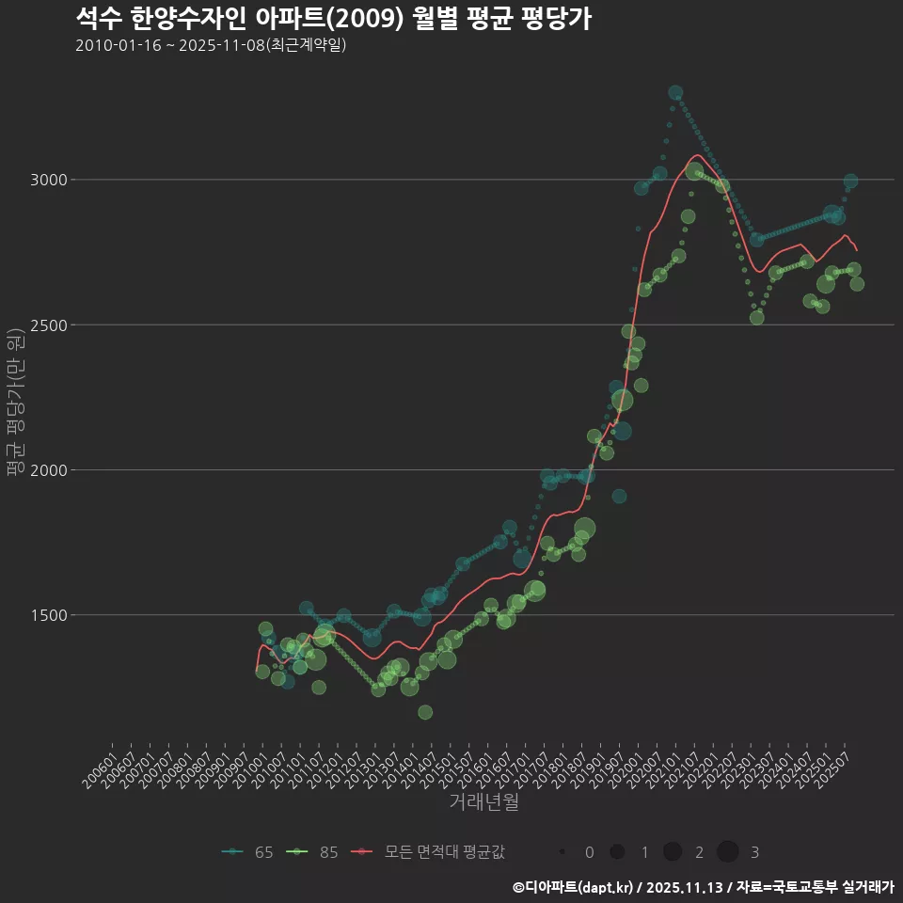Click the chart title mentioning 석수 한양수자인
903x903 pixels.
(x=333, y=19)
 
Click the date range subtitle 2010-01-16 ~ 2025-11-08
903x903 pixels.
(x=211, y=45)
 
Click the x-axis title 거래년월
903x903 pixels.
(x=484, y=801)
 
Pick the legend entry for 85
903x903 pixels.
(x=313, y=852)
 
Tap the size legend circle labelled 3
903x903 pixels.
(x=728, y=852)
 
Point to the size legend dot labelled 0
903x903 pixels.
(x=562, y=852)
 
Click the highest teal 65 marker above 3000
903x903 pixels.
(x=675, y=93)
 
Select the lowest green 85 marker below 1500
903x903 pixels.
(x=425, y=712)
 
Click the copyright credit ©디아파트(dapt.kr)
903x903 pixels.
(x=575, y=887)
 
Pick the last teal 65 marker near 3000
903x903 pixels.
(x=850, y=182)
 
